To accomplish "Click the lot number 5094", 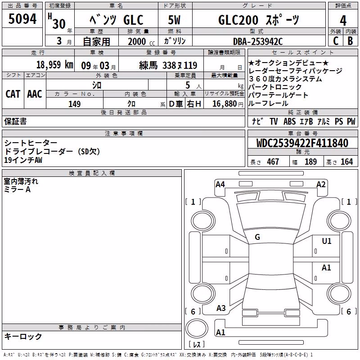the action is [22, 19].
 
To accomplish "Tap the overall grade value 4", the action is [343, 21].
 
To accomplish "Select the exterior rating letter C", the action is [336, 41].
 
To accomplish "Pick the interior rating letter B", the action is [350, 41].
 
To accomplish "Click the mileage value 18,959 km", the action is [55, 65].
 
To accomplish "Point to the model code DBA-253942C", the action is [258, 41].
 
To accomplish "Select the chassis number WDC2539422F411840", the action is [302, 143].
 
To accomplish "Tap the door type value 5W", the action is [174, 20].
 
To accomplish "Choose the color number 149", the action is [74, 104].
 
